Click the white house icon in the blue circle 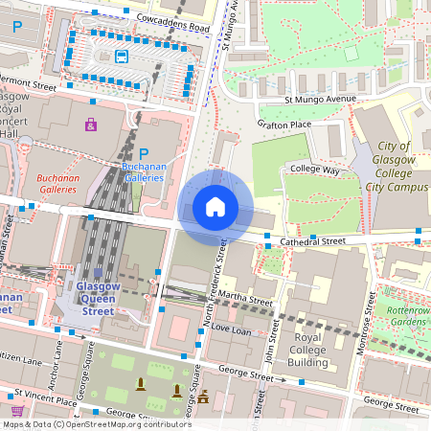click(x=215, y=206)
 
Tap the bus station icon click(x=122, y=56)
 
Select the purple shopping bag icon click(x=91, y=125)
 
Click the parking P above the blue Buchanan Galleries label click(x=144, y=154)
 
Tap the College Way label click(x=317, y=170)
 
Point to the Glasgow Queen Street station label click(x=97, y=298)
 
